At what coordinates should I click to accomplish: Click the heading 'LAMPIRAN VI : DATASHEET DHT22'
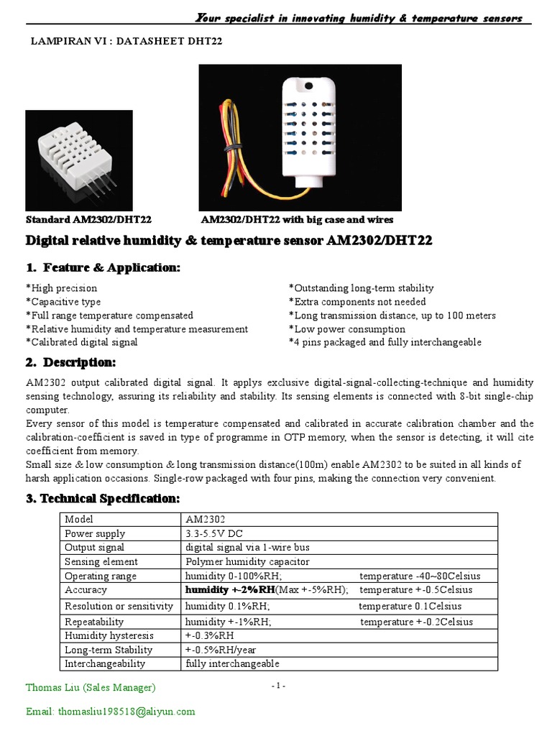pos(124,42)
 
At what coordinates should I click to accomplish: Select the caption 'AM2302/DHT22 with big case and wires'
pos(297,220)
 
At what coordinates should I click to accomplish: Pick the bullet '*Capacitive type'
pos(63,302)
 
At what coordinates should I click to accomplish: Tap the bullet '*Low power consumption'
pos(346,329)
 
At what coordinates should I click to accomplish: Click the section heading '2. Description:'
pos(70,362)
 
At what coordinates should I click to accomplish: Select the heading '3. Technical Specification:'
pos(103,498)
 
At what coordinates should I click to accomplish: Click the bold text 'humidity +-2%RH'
pos(230,590)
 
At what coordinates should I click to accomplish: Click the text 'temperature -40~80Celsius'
pos(420,576)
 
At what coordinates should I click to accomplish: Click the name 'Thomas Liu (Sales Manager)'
pos(91,688)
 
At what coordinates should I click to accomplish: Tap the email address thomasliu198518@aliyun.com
pos(111,712)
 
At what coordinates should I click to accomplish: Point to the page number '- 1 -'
pos(279,686)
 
